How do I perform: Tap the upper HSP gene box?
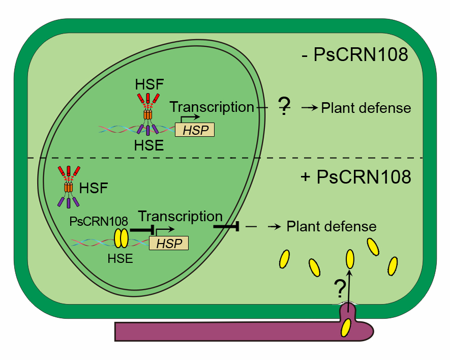pyautogui.click(x=195, y=130)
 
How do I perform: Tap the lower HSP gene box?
pyautogui.click(x=169, y=243)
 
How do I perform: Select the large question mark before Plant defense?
pyautogui.click(x=284, y=106)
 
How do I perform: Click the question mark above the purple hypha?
pyautogui.click(x=339, y=289)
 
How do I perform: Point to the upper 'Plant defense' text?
pyautogui.click(x=366, y=108)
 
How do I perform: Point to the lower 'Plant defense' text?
pyautogui.click(x=332, y=226)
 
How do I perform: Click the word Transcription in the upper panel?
pyautogui.click(x=212, y=107)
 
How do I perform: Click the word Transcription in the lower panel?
pyautogui.click(x=180, y=216)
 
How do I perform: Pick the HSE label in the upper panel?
pyautogui.click(x=148, y=146)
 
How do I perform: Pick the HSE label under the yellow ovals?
pyautogui.click(x=120, y=258)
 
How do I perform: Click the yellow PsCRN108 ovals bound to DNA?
pyautogui.click(x=121, y=238)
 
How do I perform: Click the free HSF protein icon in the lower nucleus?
pyautogui.click(x=69, y=187)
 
